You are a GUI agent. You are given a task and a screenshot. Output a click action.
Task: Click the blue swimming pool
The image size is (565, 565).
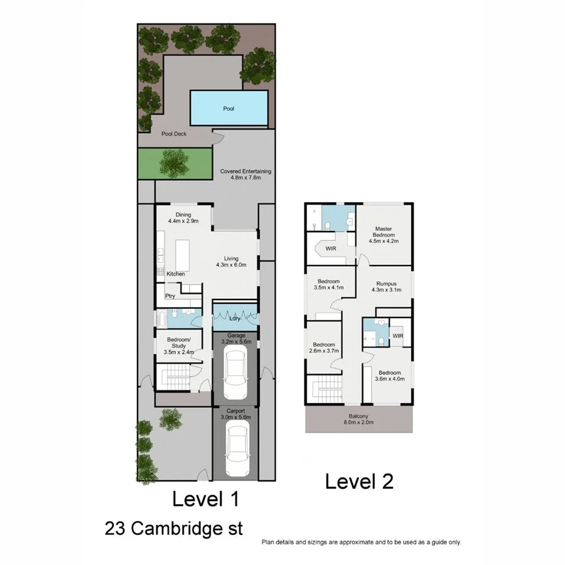tap(229, 108)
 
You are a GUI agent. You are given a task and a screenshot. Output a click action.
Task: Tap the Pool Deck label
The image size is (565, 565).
tap(175, 134)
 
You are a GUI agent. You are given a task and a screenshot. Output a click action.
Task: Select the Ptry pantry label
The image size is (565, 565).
tap(170, 296)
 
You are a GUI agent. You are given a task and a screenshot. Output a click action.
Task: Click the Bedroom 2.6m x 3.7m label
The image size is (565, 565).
tap(324, 348)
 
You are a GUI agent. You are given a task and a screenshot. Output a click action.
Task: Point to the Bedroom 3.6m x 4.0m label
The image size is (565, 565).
tap(389, 375)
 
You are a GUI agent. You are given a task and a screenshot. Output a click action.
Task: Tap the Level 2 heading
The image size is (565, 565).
tap(359, 482)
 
